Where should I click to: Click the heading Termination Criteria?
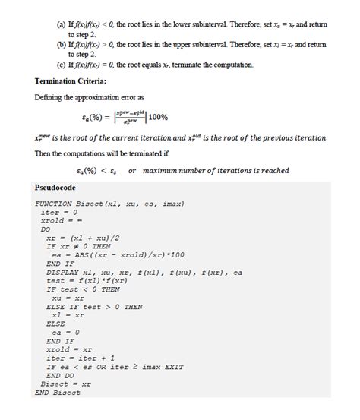click(x=71, y=81)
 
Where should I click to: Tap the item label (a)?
click(x=62, y=25)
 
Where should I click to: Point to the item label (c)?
click(x=62, y=65)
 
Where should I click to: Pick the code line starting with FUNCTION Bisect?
click(x=109, y=204)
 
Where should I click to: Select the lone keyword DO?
click(x=46, y=229)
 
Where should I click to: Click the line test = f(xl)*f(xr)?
click(x=87, y=279)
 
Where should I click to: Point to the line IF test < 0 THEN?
click(x=83, y=289)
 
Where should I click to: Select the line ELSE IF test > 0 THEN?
click(x=94, y=306)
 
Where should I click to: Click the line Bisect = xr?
click(x=65, y=384)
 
